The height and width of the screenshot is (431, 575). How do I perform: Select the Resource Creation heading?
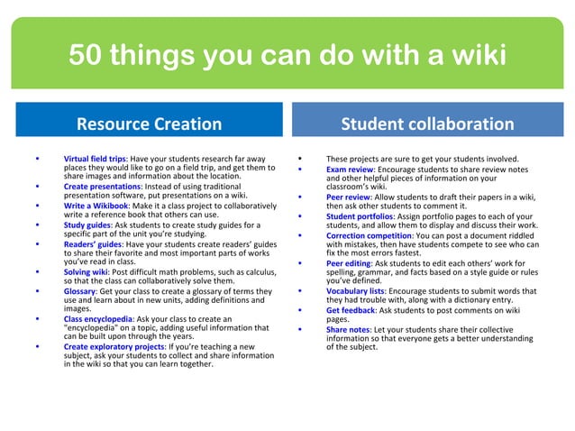(x=149, y=124)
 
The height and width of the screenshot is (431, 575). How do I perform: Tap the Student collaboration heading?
(x=428, y=124)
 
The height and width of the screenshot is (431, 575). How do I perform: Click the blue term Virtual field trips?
(x=95, y=159)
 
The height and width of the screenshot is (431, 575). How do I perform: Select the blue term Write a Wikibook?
(x=95, y=206)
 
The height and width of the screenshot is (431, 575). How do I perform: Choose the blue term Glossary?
(x=79, y=290)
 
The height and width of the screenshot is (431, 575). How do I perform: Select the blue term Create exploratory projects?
(x=114, y=346)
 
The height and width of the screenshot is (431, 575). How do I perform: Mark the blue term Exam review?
(x=350, y=169)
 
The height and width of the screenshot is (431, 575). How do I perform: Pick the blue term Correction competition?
(x=370, y=236)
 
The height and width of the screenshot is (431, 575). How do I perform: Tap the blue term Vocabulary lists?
(x=356, y=290)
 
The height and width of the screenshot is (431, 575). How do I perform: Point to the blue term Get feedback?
(x=350, y=309)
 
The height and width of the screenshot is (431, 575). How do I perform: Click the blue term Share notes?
(x=347, y=329)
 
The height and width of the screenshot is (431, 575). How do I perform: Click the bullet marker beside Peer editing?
(x=298, y=263)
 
